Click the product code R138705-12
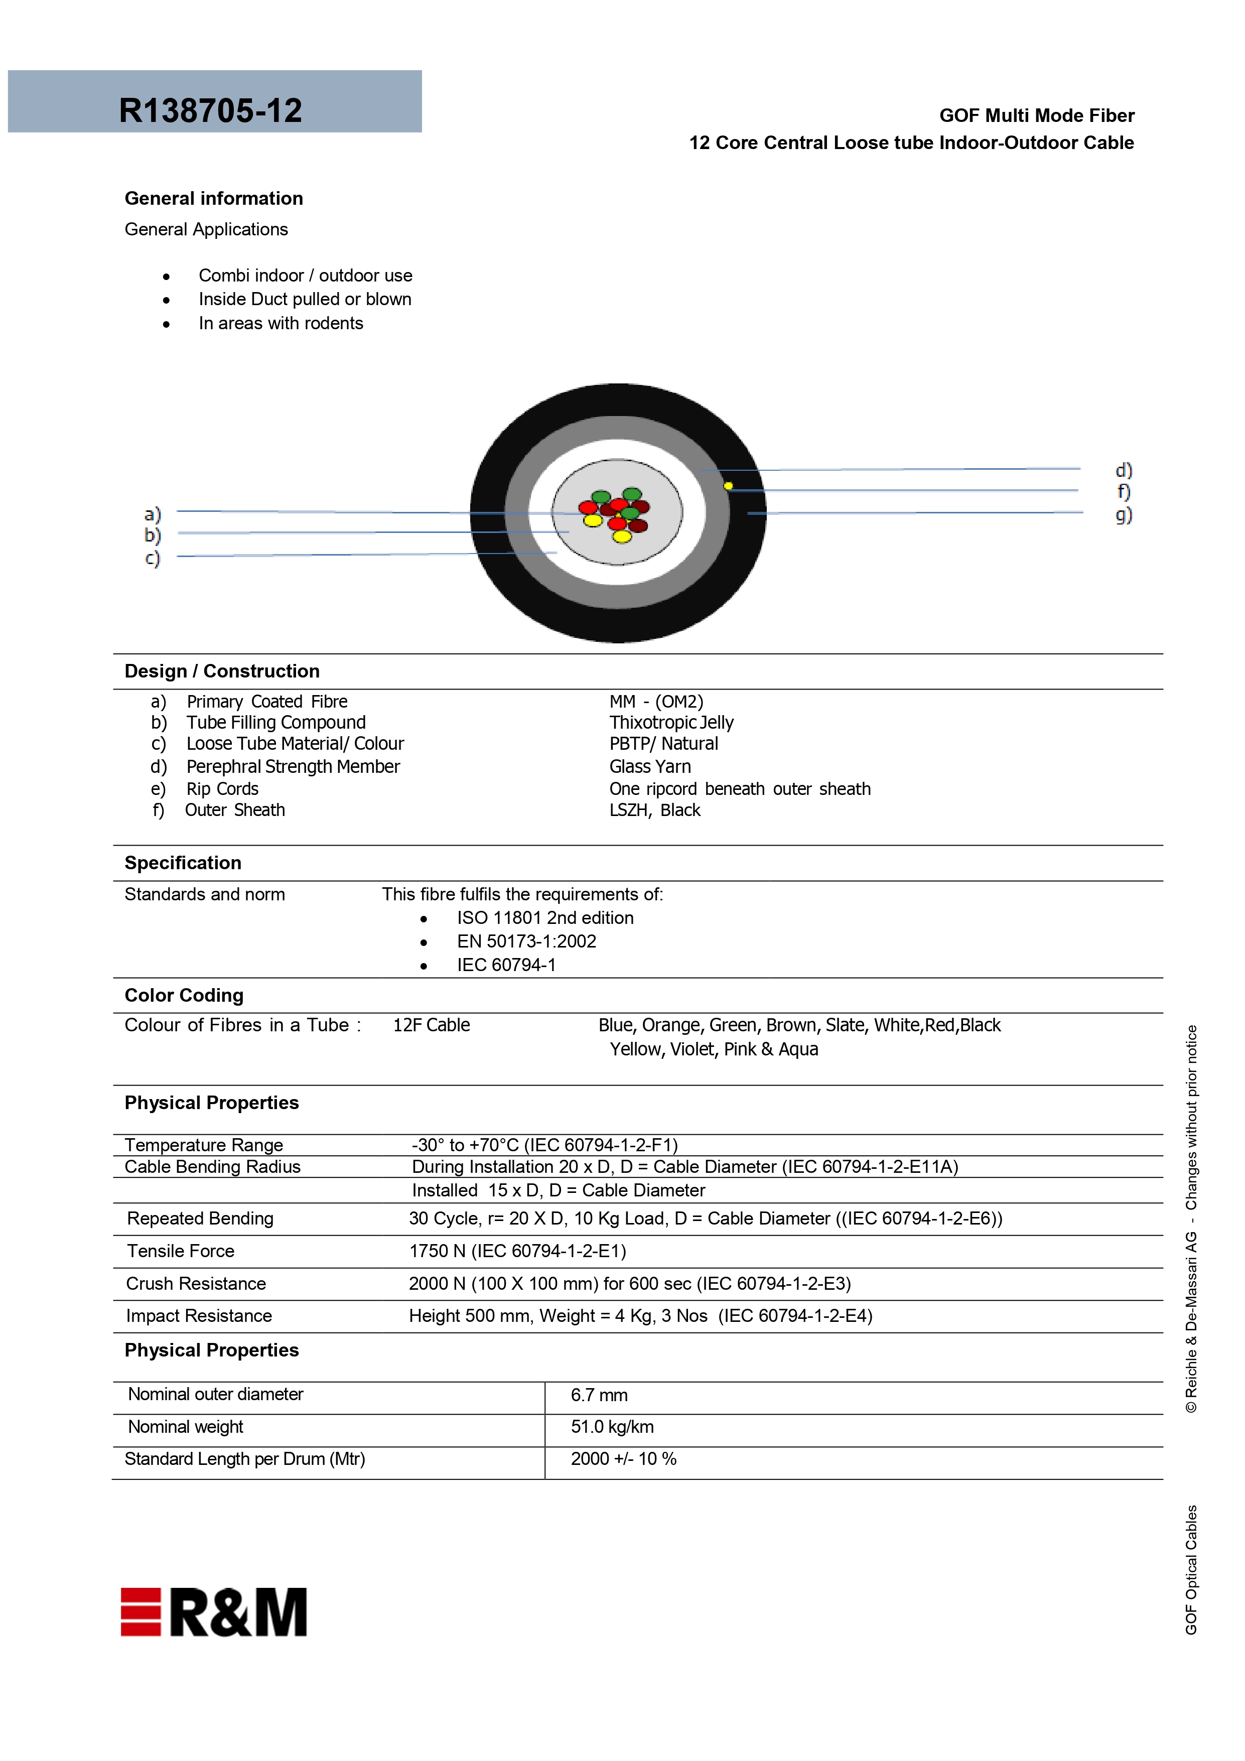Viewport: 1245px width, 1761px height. pos(210,110)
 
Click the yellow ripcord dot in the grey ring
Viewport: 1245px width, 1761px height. pos(728,485)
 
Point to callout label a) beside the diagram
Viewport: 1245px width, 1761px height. pos(153,514)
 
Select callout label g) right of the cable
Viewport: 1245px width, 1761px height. pos(1123,514)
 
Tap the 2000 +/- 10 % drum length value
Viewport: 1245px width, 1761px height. pos(623,1459)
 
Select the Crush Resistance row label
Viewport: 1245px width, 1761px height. pos(196,1283)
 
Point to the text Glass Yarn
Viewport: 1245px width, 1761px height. pos(650,766)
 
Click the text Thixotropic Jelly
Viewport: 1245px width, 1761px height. pos(671,723)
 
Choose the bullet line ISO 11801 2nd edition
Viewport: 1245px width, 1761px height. pos(544,918)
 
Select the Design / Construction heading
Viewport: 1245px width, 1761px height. pos(222,671)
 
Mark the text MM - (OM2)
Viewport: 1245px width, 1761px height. pos(656,701)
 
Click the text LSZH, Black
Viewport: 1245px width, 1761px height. pos(654,810)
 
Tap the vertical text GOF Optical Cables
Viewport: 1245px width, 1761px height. pos(1190,1569)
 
